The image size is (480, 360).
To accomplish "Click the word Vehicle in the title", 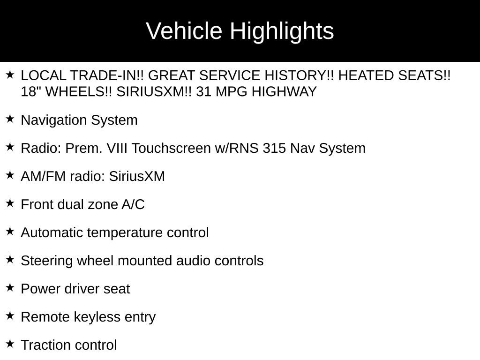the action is click(184, 31).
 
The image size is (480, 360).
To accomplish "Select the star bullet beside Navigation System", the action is click(10, 119).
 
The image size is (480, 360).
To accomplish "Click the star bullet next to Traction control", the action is click(10, 344).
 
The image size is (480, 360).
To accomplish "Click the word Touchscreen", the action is click(172, 148).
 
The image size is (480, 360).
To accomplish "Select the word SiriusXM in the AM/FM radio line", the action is click(137, 176).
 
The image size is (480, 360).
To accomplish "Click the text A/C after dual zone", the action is click(133, 204).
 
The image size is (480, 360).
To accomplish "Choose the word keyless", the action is click(97, 317).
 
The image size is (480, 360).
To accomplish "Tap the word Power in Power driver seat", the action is click(40, 289).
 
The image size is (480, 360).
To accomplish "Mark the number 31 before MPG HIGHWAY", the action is click(203, 92).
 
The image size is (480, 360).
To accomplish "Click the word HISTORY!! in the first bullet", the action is click(299, 75).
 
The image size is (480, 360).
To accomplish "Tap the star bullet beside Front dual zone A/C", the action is click(10, 203).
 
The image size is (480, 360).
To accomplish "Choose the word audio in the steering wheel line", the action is click(193, 261).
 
